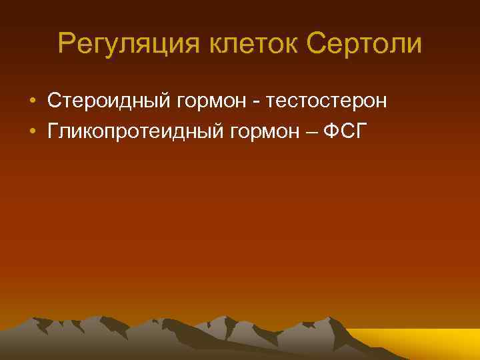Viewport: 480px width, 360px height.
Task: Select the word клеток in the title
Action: [x=244, y=44]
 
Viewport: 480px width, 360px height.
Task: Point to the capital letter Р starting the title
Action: [x=65, y=44]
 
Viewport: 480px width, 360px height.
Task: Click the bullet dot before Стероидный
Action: [x=33, y=101]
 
